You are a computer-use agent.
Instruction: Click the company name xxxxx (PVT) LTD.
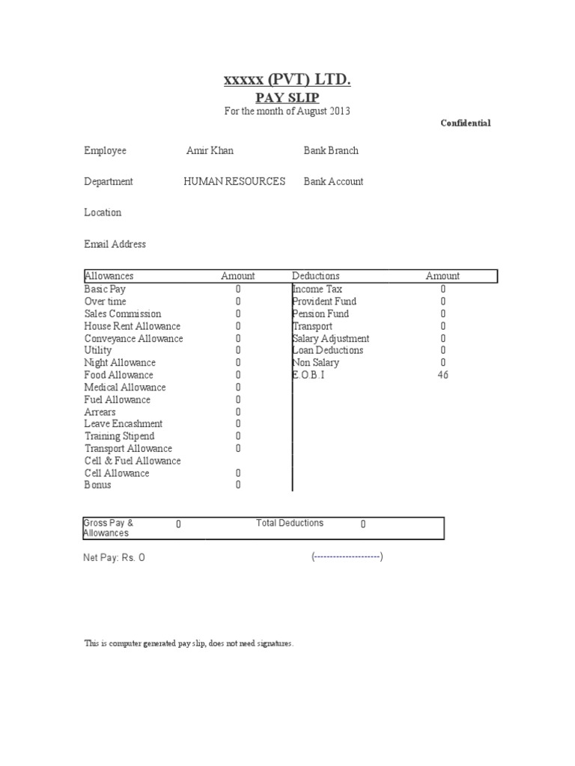pyautogui.click(x=287, y=80)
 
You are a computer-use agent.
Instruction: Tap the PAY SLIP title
pyautogui.click(x=287, y=97)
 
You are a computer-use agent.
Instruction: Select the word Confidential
pyautogui.click(x=465, y=123)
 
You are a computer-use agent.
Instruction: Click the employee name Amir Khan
pyautogui.click(x=210, y=151)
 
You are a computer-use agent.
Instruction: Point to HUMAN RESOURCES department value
pyautogui.click(x=234, y=182)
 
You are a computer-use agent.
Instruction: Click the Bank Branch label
pyautogui.click(x=331, y=151)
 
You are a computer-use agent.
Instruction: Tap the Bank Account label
pyautogui.click(x=333, y=182)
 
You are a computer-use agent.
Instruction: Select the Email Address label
pyautogui.click(x=115, y=245)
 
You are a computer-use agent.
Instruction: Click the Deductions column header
pyautogui.click(x=316, y=276)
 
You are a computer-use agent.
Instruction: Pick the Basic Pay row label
pyautogui.click(x=105, y=289)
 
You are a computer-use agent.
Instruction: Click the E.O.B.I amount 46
pyautogui.click(x=442, y=375)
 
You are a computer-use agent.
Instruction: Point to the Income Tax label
pyautogui.click(x=317, y=289)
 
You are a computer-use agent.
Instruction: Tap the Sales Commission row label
pyautogui.click(x=123, y=313)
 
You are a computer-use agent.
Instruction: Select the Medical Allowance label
pyautogui.click(x=125, y=387)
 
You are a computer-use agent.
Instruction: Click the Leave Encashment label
pyautogui.click(x=124, y=424)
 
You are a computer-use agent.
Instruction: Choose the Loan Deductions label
pyautogui.click(x=328, y=350)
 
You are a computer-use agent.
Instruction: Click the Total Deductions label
pyautogui.click(x=290, y=524)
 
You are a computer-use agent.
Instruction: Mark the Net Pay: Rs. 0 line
pyautogui.click(x=114, y=558)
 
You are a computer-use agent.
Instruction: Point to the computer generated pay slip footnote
pyautogui.click(x=189, y=643)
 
